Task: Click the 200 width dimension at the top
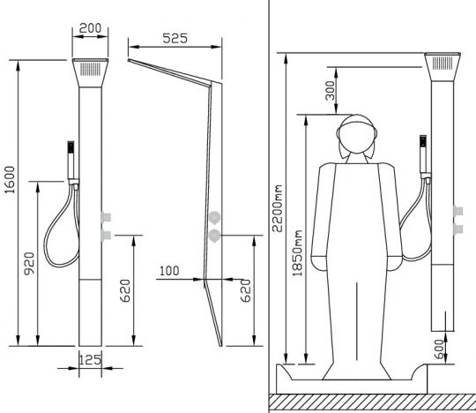[89, 28]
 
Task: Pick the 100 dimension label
[170, 272]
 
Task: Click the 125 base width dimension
[88, 360]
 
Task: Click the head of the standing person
[359, 139]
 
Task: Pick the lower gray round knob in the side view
[214, 234]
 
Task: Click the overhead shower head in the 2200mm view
[443, 64]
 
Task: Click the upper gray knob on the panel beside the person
[457, 212]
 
